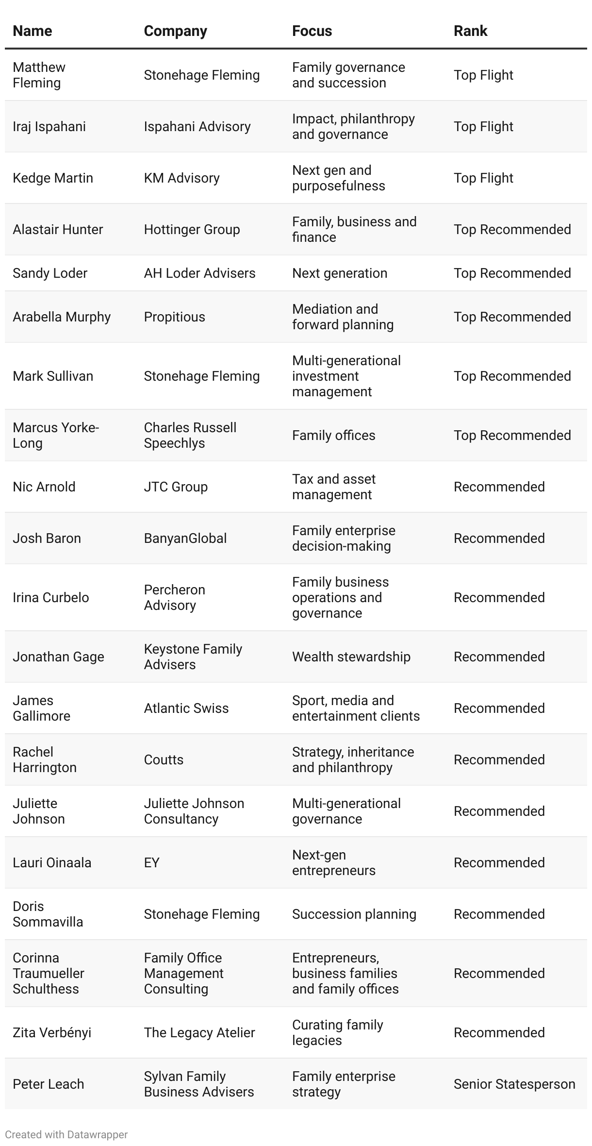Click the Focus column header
(x=312, y=31)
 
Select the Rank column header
(x=470, y=31)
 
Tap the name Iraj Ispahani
(x=49, y=127)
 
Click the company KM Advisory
(x=181, y=178)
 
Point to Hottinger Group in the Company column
(x=192, y=230)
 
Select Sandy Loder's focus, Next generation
(x=340, y=273)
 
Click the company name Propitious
(x=174, y=317)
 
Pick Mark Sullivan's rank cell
(x=512, y=376)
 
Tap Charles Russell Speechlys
(x=190, y=436)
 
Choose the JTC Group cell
(x=176, y=487)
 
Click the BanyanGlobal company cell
(x=185, y=539)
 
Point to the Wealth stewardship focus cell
(x=351, y=657)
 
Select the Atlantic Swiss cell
(x=186, y=708)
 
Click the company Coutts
(x=164, y=760)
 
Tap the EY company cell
(x=151, y=863)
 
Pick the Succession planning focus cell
(x=354, y=914)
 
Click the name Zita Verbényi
(x=52, y=1033)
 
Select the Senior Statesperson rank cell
(x=514, y=1084)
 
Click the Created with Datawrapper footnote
(x=66, y=1135)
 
